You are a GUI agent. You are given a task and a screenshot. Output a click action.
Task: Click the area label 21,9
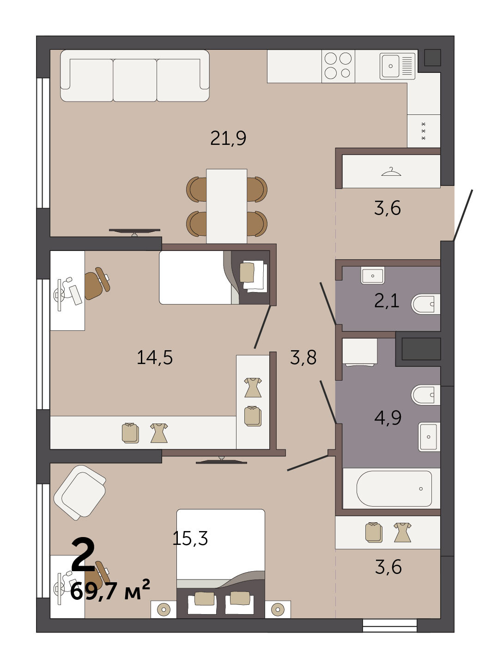228,138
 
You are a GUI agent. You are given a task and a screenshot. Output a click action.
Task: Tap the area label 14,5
155,358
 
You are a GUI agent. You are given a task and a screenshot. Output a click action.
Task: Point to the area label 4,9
388,418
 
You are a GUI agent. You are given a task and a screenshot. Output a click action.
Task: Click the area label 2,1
387,301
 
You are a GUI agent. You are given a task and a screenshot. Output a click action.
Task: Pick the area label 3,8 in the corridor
303,357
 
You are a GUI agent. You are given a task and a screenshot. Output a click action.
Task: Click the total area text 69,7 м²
110,591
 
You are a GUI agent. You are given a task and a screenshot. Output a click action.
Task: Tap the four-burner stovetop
338,66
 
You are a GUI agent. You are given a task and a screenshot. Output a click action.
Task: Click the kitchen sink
398,66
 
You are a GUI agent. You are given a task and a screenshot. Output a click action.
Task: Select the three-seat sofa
135,76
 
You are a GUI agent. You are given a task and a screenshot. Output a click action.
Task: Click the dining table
227,206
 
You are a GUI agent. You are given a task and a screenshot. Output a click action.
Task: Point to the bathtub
394,489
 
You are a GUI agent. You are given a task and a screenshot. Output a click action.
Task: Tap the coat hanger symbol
391,172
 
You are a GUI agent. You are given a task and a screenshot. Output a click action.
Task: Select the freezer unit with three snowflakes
424,131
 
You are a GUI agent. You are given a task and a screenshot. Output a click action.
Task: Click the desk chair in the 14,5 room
97,283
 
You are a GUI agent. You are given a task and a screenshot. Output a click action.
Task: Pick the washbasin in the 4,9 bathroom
429,437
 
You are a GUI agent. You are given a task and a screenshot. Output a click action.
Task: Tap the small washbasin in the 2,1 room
373,275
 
